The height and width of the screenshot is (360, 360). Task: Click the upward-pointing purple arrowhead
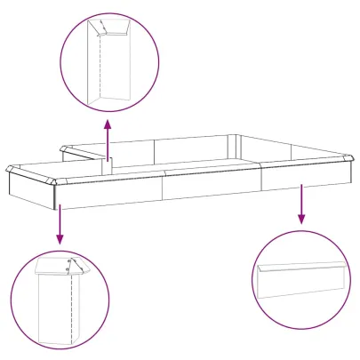point(108,122)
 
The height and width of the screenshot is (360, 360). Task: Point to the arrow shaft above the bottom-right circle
point(302,199)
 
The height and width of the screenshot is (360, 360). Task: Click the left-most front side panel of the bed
point(111,191)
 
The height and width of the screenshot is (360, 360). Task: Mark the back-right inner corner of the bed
point(238,139)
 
